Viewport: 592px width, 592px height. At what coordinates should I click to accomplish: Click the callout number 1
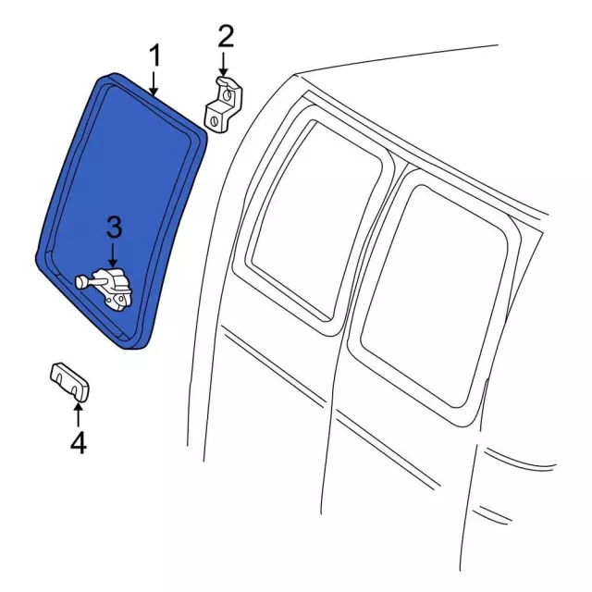[x=154, y=55]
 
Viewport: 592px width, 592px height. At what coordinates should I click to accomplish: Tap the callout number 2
[x=226, y=36]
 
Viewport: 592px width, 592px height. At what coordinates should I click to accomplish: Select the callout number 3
[x=115, y=227]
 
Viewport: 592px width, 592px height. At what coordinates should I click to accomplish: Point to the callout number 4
[x=79, y=442]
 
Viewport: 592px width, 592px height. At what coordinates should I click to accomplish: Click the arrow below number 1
[x=154, y=82]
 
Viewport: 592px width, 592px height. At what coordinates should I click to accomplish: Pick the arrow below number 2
[x=224, y=65]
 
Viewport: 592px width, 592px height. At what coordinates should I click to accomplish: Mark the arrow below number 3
[x=112, y=256]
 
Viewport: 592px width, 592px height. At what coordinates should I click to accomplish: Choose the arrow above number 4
[x=78, y=414]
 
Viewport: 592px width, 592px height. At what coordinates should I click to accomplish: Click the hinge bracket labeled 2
[x=223, y=105]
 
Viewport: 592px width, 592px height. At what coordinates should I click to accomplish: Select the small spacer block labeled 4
[x=69, y=382]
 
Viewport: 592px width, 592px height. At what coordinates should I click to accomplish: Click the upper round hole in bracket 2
[x=227, y=94]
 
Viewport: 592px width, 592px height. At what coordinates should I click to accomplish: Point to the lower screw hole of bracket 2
[x=214, y=121]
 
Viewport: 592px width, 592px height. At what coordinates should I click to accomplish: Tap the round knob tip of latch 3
[x=80, y=282]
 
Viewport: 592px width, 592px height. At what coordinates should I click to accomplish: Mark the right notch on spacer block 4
[x=75, y=390]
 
